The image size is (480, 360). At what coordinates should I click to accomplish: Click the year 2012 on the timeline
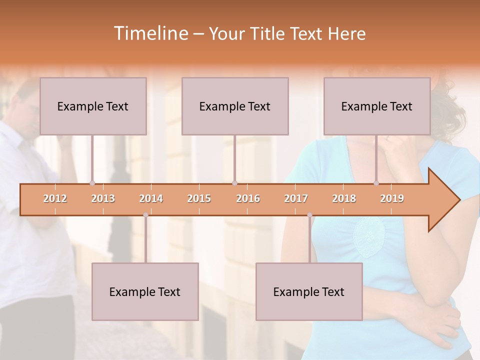[x=55, y=198]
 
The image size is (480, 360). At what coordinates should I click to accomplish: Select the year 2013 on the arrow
[x=103, y=198]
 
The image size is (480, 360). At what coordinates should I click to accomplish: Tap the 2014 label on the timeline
[x=151, y=198]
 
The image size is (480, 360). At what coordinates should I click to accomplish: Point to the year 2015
[x=199, y=198]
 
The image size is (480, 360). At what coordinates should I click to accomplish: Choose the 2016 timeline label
[x=248, y=198]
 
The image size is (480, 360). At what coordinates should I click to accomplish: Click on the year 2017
[x=296, y=198]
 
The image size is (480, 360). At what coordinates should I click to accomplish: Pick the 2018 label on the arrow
[x=344, y=198]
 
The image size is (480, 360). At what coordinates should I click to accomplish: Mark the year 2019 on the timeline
[x=392, y=198]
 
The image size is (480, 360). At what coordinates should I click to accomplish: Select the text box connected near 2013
[x=93, y=106]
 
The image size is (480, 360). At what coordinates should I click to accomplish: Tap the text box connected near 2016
[x=235, y=106]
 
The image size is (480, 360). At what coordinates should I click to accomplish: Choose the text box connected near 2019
[x=377, y=106]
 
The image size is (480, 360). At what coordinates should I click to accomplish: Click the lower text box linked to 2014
[x=145, y=291]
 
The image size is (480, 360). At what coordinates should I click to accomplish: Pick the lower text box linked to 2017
[x=309, y=291]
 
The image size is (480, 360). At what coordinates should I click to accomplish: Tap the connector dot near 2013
[x=92, y=183]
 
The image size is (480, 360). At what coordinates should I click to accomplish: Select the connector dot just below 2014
[x=145, y=215]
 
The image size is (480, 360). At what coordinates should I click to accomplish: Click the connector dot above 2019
[x=376, y=183]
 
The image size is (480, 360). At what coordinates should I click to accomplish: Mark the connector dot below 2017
[x=309, y=215]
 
